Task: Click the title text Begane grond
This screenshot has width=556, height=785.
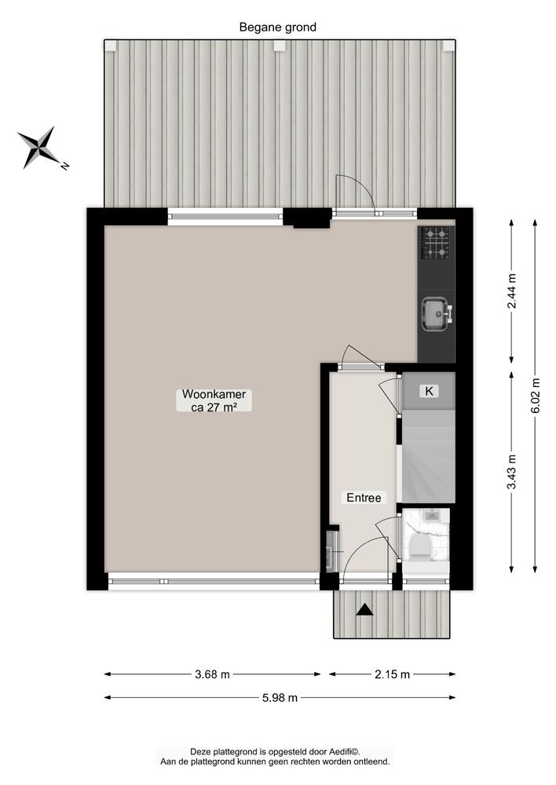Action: tap(278, 27)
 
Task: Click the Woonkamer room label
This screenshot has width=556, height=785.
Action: tap(208, 394)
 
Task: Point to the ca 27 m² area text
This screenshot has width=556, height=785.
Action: tap(208, 407)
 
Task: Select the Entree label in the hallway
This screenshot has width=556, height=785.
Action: tap(364, 498)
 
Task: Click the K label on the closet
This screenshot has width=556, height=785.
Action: tap(429, 391)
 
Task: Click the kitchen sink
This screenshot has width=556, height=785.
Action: tap(435, 312)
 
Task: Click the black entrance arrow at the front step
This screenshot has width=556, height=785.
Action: tap(364, 610)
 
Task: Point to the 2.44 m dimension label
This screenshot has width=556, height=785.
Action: tap(513, 290)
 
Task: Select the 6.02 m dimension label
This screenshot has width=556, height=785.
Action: tap(536, 396)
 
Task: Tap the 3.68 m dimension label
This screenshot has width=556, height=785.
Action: tap(213, 674)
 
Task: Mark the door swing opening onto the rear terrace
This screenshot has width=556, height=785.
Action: tap(351, 193)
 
